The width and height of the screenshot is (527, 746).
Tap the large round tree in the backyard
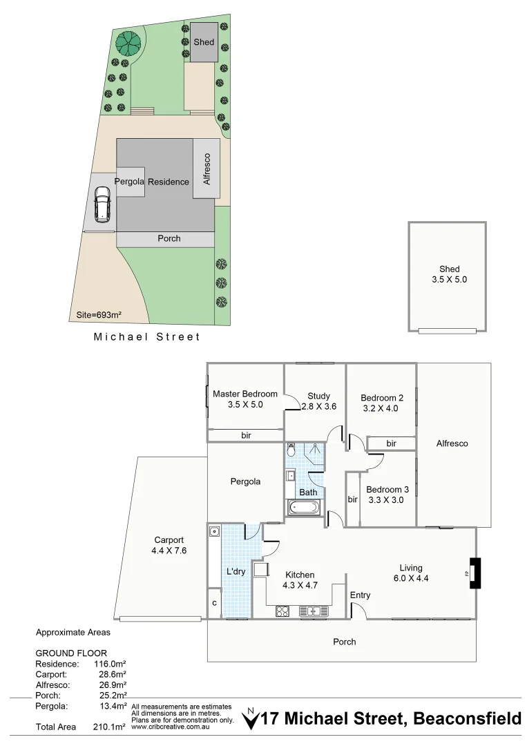(128, 44)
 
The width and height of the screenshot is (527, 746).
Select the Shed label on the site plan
(203, 42)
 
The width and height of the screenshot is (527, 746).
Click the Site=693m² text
(99, 316)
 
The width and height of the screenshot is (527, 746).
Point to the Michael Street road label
(146, 337)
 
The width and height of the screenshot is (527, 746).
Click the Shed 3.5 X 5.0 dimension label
(449, 275)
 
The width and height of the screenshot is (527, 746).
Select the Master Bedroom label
(245, 399)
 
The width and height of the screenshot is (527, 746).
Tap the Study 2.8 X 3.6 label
(318, 401)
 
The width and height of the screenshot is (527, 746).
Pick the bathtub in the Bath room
(304, 508)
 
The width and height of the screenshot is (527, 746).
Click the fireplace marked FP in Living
(475, 573)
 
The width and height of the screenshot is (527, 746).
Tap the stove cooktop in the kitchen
(282, 611)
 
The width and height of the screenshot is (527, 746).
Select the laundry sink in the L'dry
(215, 531)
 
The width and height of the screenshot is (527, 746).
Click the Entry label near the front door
(360, 595)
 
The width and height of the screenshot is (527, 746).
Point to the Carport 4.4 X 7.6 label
(169, 545)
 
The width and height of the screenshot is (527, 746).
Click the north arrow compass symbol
(251, 719)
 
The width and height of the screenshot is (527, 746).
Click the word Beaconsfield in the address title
(467, 719)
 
